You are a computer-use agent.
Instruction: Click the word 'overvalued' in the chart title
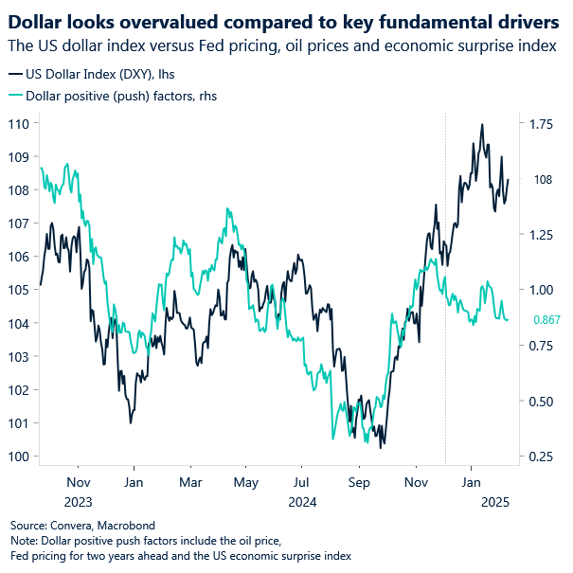coord(155,21)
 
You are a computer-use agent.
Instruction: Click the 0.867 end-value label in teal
coord(546,320)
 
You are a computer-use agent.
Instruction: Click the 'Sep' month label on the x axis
coord(358,482)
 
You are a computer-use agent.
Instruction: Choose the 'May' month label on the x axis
coord(246,482)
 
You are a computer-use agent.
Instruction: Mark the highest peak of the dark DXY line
coord(482,124)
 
